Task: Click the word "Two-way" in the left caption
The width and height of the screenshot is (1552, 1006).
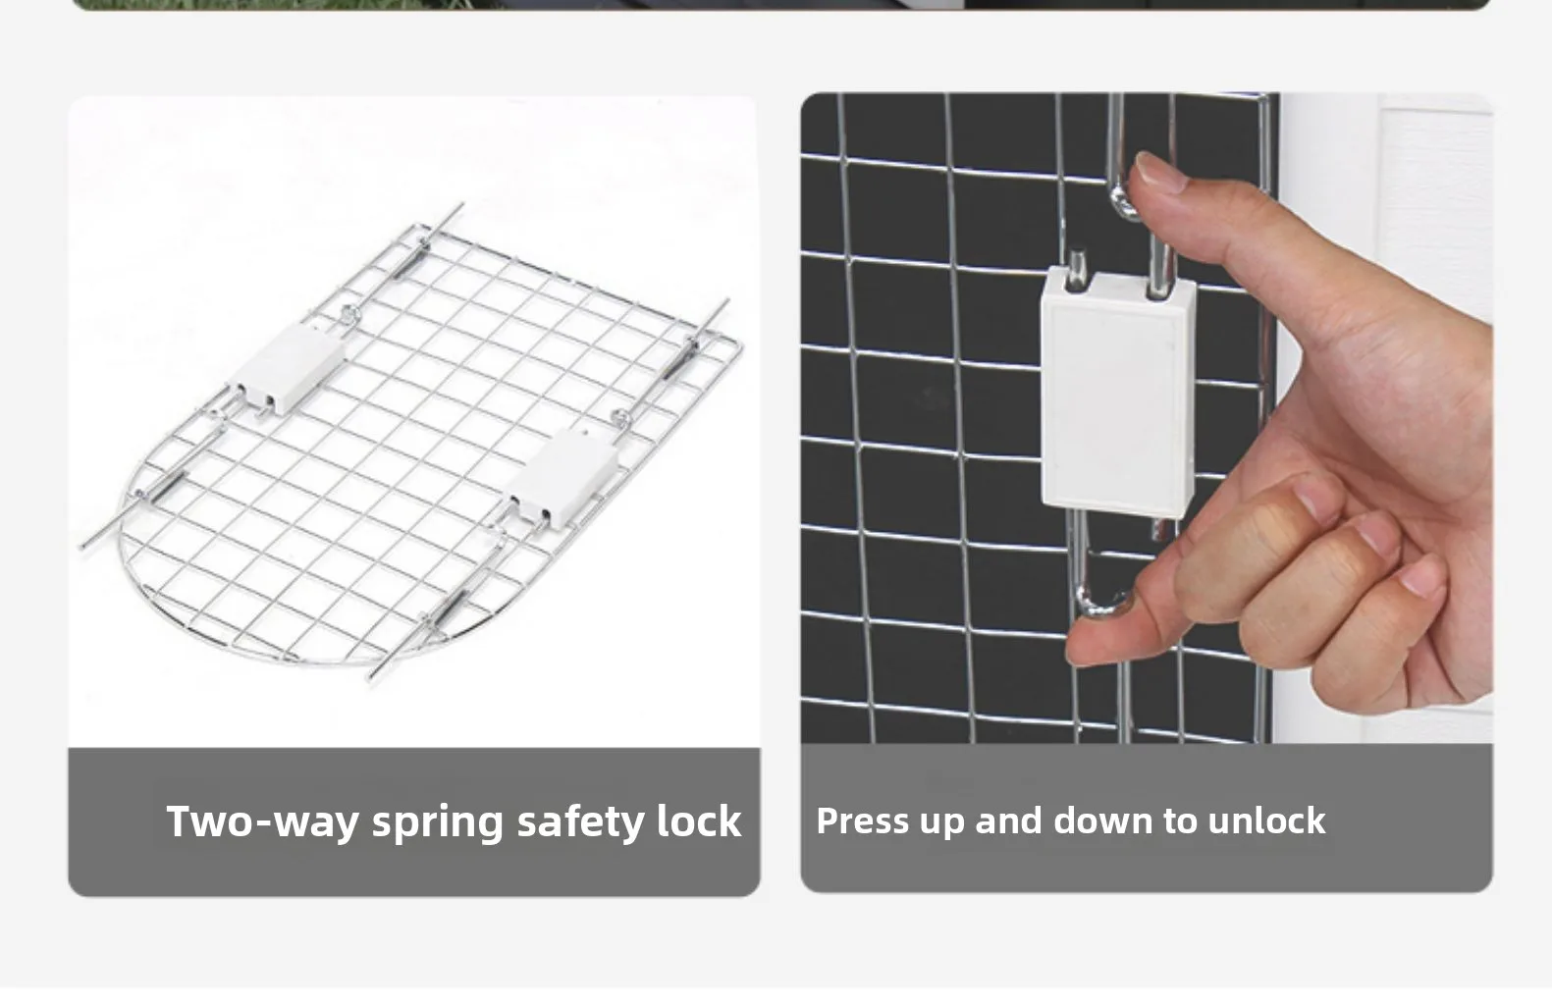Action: tap(262, 821)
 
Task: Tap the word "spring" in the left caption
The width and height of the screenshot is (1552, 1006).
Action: tap(438, 824)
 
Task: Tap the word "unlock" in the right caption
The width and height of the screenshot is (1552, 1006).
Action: tap(1266, 821)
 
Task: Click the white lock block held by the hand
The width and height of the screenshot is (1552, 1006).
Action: tap(1117, 394)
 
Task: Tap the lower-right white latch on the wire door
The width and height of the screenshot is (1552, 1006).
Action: tap(562, 478)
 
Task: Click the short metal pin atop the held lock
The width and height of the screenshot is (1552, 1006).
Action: tap(1076, 270)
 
